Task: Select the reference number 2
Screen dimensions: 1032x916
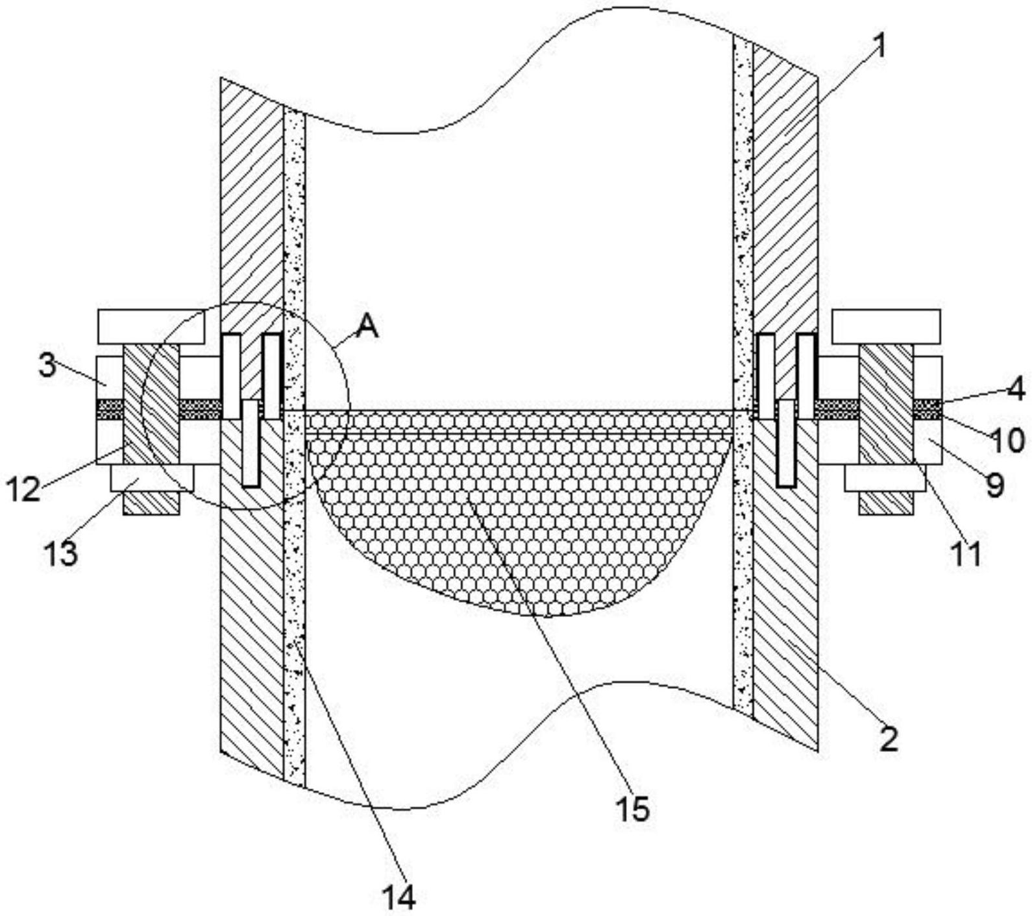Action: tap(889, 738)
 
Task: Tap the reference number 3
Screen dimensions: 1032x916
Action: tap(47, 366)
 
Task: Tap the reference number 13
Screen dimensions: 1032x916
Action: tap(61, 553)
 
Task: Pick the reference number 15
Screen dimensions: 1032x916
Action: tap(632, 809)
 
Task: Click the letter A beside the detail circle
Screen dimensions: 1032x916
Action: tap(367, 326)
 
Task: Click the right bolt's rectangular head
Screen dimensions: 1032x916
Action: tap(886, 327)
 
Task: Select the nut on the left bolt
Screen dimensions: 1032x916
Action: tap(152, 478)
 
